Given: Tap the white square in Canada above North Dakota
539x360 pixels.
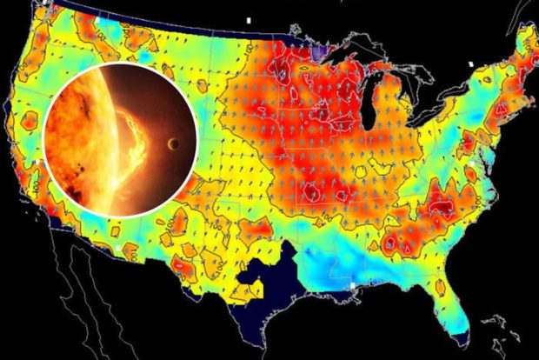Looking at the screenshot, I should (248, 18).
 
